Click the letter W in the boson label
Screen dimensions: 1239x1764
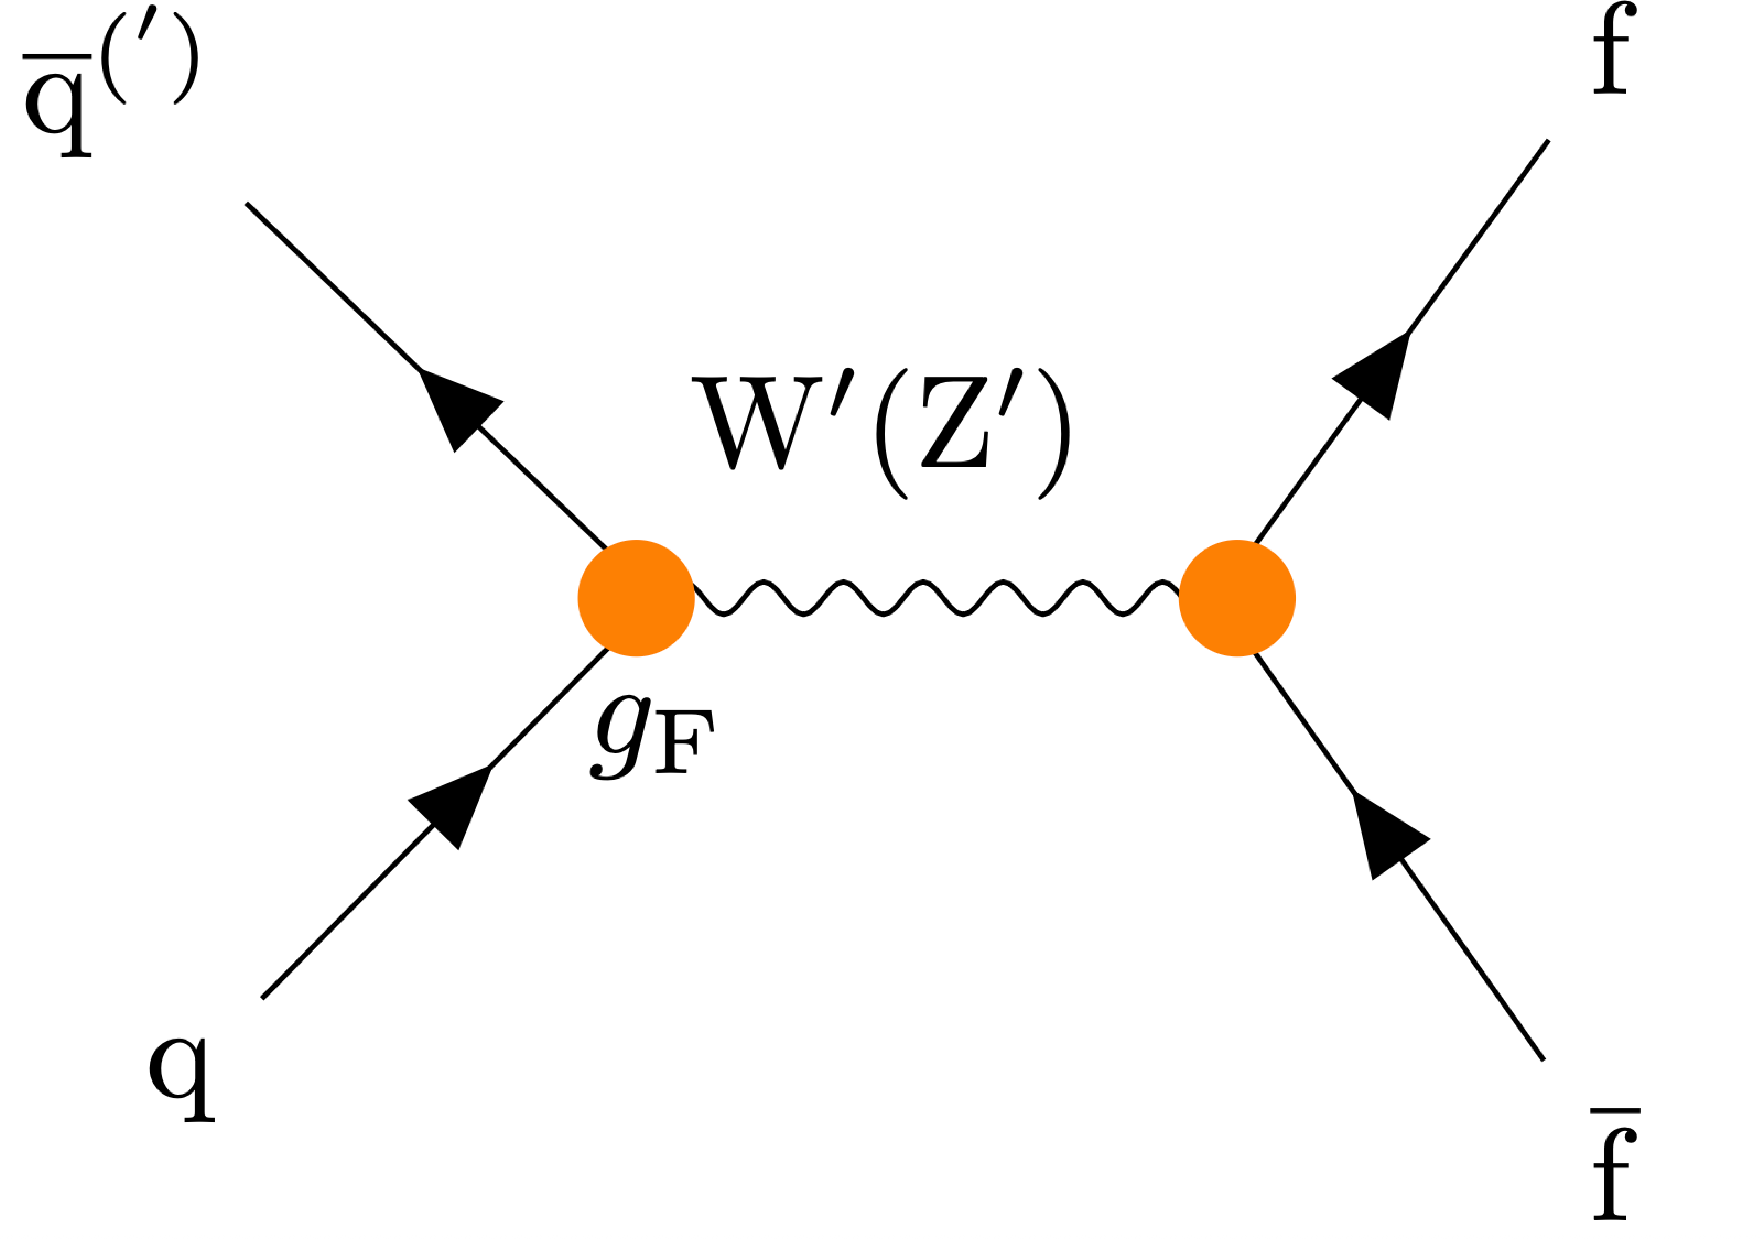tap(757, 422)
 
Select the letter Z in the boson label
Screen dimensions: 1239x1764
tap(954, 422)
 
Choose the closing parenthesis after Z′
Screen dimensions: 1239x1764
tap(1054, 434)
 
